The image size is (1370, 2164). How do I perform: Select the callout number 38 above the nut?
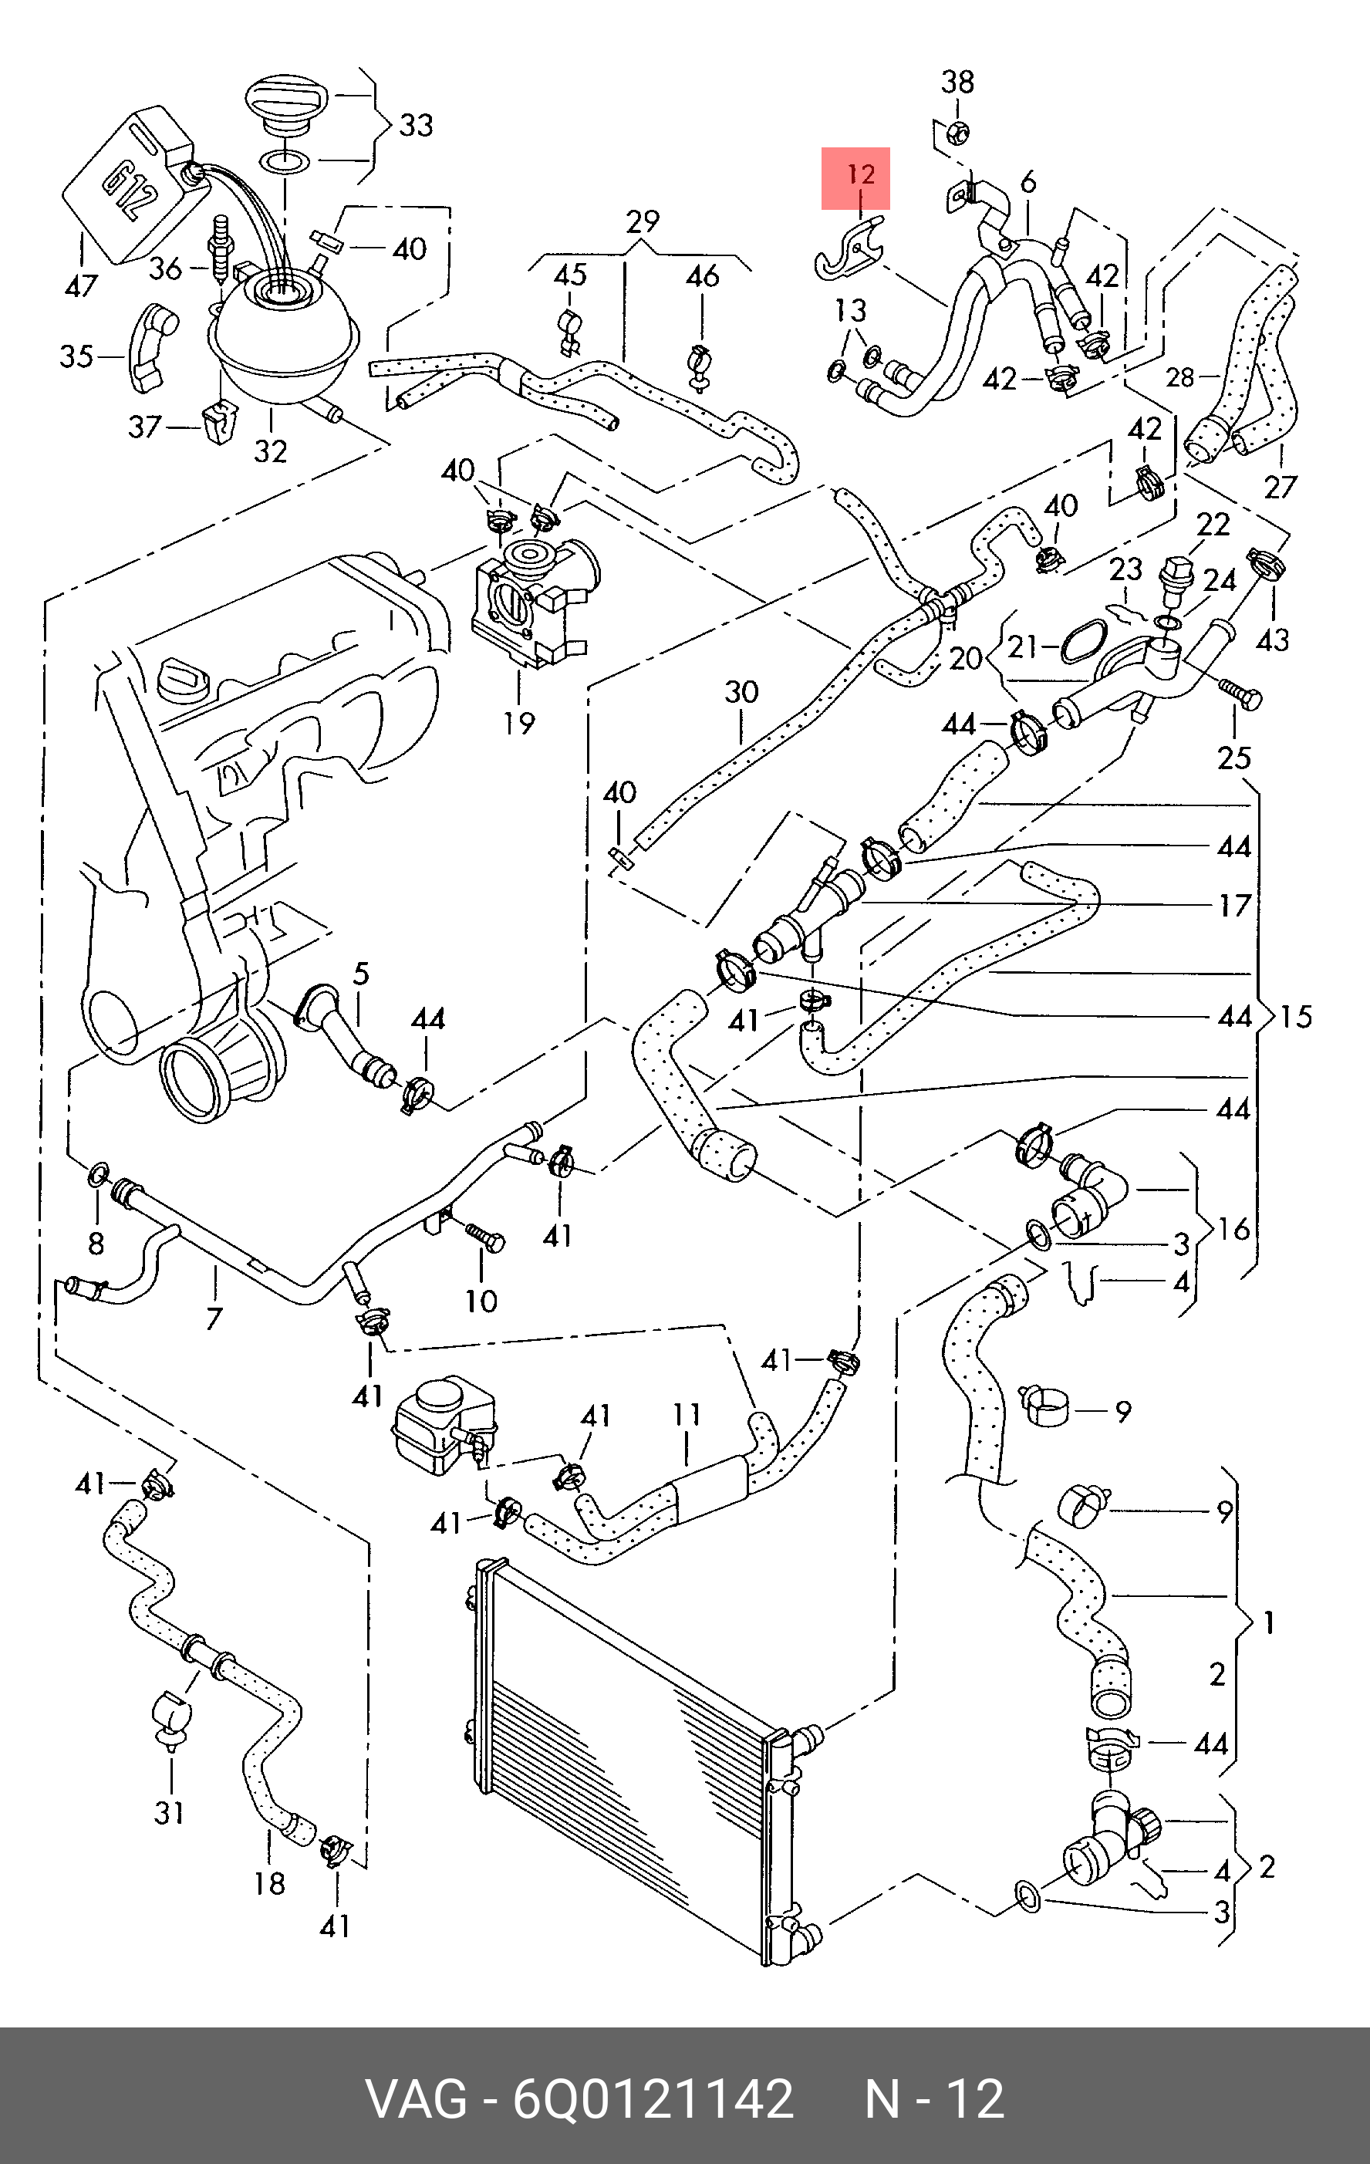pos(957,82)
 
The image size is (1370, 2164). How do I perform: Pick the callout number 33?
pos(416,125)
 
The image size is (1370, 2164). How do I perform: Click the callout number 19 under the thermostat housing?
pos(519,723)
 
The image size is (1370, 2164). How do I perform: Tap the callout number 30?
pos(741,692)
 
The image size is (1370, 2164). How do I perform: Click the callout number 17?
pos(1235,905)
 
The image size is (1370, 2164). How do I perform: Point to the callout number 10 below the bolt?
pos(481,1301)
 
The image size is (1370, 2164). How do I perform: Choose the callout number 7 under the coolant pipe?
pos(214,1318)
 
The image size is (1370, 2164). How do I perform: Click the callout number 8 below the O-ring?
pos(96,1243)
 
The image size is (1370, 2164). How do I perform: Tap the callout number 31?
pos(170,1813)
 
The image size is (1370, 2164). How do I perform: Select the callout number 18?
pos(269,1882)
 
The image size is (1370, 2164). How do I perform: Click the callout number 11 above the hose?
pos(687,1415)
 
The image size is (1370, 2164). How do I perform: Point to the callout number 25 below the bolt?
pos(1234,758)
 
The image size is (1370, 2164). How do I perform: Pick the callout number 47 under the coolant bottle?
pos(81,285)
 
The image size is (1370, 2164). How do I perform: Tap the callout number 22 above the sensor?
pos(1213,524)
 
